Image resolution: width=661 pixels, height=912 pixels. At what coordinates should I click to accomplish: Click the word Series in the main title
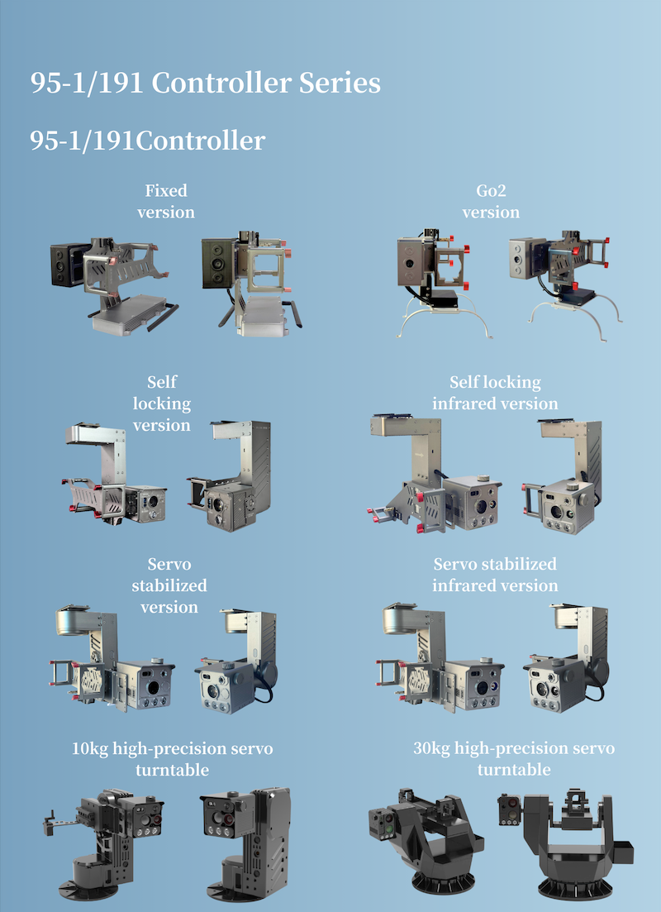[x=340, y=84]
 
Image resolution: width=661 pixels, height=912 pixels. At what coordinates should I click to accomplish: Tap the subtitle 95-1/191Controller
[x=148, y=141]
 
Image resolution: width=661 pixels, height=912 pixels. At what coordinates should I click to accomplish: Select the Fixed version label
[x=166, y=201]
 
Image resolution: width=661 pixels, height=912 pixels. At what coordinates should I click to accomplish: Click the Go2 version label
[x=491, y=201]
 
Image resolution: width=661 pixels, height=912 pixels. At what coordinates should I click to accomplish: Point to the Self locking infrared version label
[x=495, y=393]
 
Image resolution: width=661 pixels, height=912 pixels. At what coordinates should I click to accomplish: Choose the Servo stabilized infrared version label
[x=495, y=575]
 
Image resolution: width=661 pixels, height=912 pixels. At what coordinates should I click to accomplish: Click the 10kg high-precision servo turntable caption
[x=172, y=758]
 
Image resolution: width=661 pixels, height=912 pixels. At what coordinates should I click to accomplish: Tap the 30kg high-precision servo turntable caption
[x=514, y=758]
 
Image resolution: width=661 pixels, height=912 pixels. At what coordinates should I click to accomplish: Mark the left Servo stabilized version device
[x=112, y=658]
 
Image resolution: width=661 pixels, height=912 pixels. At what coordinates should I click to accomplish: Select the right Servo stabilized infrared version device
[x=566, y=658]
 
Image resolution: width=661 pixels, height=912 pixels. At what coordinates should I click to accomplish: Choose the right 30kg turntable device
[x=566, y=844]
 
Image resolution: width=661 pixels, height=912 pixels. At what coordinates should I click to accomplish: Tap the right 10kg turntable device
[x=246, y=844]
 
